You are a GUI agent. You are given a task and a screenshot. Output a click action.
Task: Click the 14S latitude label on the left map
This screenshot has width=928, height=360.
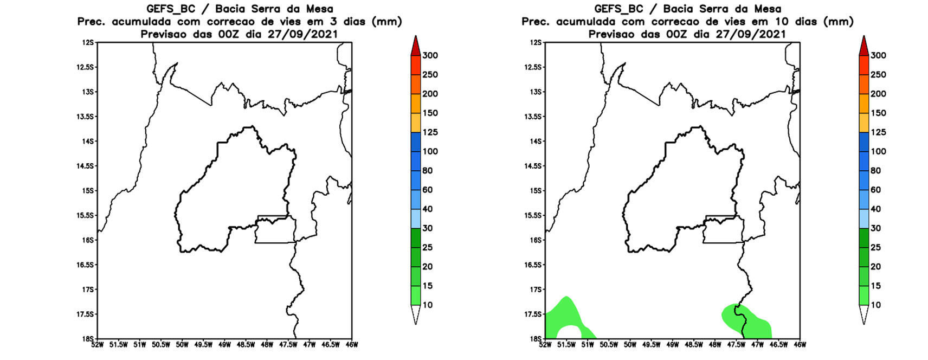[x=88, y=141]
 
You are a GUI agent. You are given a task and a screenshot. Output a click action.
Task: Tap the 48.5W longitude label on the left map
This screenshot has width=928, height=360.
[x=246, y=344]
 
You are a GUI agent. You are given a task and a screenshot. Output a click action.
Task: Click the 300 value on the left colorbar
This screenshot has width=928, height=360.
[x=430, y=55]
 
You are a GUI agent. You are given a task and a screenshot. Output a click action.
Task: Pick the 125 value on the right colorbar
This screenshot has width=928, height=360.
[x=878, y=132]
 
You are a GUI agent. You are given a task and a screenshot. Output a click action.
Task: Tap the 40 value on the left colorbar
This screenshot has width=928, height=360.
[x=428, y=209]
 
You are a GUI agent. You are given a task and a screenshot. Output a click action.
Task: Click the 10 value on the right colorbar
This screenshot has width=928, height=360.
[x=875, y=305]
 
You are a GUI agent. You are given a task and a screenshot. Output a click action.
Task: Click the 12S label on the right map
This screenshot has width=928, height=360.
[x=536, y=42]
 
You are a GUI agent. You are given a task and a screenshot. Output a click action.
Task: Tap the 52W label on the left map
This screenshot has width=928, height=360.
[x=98, y=344]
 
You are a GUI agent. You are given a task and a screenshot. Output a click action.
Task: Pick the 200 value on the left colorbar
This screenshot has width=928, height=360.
[x=430, y=94]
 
